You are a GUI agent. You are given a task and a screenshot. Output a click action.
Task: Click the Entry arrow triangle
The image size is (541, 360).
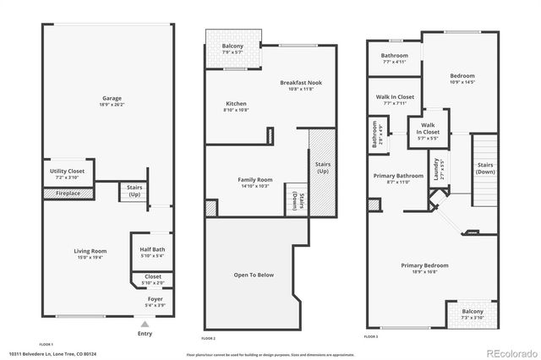[x=145, y=324]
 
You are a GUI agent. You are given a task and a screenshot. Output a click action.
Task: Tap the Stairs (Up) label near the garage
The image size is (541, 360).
[x=134, y=191]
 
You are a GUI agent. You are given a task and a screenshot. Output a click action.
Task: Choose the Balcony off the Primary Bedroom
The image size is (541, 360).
[x=472, y=314]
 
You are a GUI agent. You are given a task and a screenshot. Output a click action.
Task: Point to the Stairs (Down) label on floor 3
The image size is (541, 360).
[x=485, y=167]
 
